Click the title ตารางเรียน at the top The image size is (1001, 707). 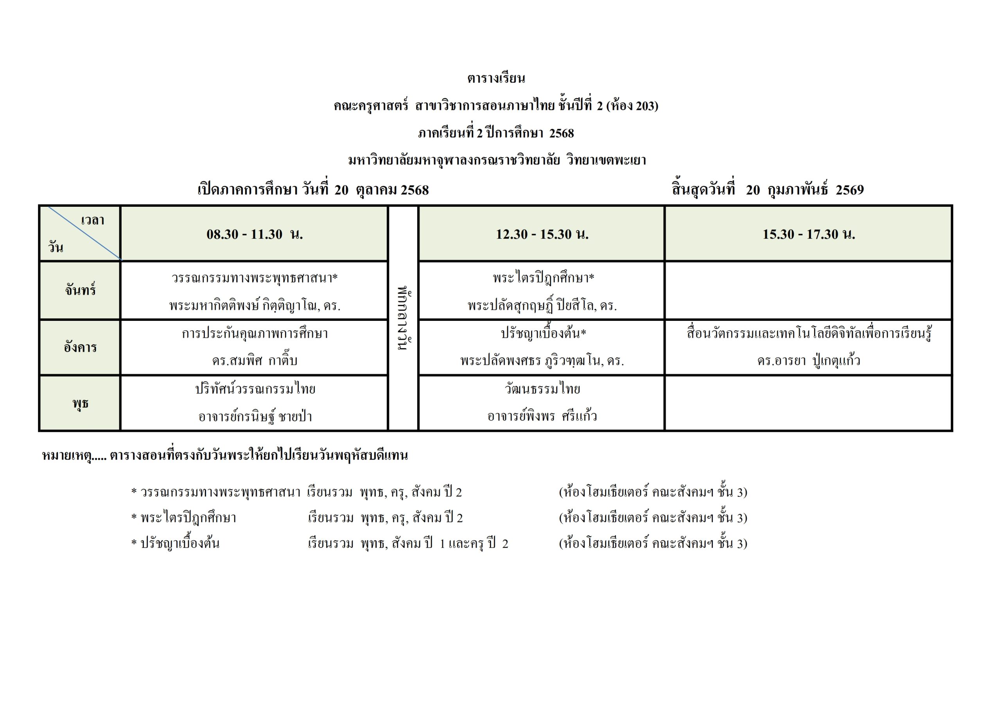[x=496, y=79]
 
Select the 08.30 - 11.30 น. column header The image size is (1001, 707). [x=255, y=234]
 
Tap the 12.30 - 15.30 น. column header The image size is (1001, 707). [x=542, y=234]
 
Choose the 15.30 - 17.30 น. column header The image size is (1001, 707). [x=809, y=234]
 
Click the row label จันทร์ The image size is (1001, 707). [x=80, y=290]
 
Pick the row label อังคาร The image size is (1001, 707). [x=80, y=347]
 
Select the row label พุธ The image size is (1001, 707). [x=80, y=403]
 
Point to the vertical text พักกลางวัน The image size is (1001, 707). [x=403, y=319]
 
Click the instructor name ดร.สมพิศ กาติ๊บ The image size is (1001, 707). [x=255, y=361]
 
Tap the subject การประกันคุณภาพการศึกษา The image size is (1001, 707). [x=255, y=334]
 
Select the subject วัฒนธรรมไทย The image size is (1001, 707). [x=542, y=389]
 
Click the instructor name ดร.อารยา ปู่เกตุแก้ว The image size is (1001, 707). [x=809, y=361]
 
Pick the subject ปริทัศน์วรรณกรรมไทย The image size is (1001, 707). [x=255, y=389]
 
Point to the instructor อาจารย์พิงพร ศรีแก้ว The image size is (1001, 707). [x=542, y=416]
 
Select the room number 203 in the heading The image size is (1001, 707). [x=645, y=106]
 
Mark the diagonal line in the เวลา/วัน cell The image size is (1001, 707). [x=84, y=234]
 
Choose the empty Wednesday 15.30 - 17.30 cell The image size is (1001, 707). [x=809, y=403]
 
